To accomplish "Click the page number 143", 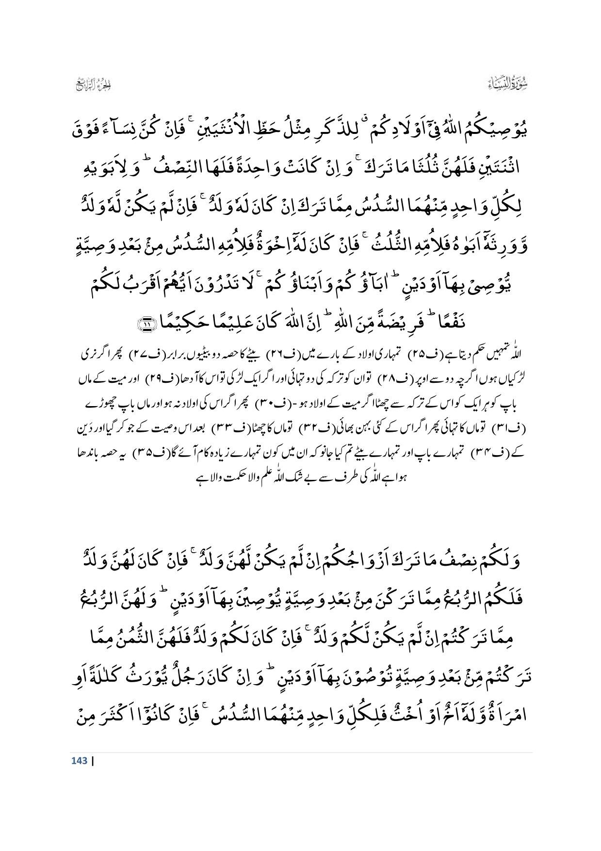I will [x=79, y=760].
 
